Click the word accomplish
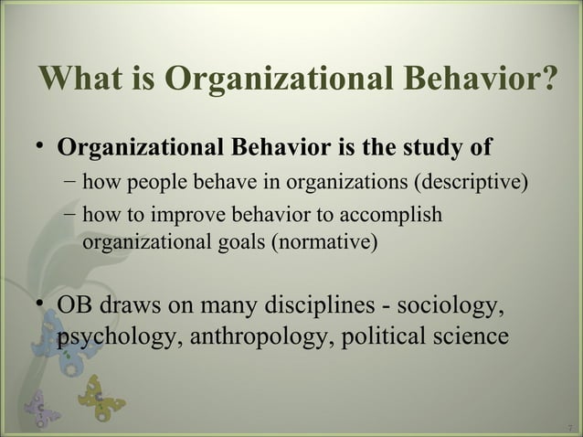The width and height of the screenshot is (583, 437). coord(391,216)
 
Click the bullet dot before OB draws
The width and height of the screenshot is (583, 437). coord(38,303)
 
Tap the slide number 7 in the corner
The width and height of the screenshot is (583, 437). coord(569,427)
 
